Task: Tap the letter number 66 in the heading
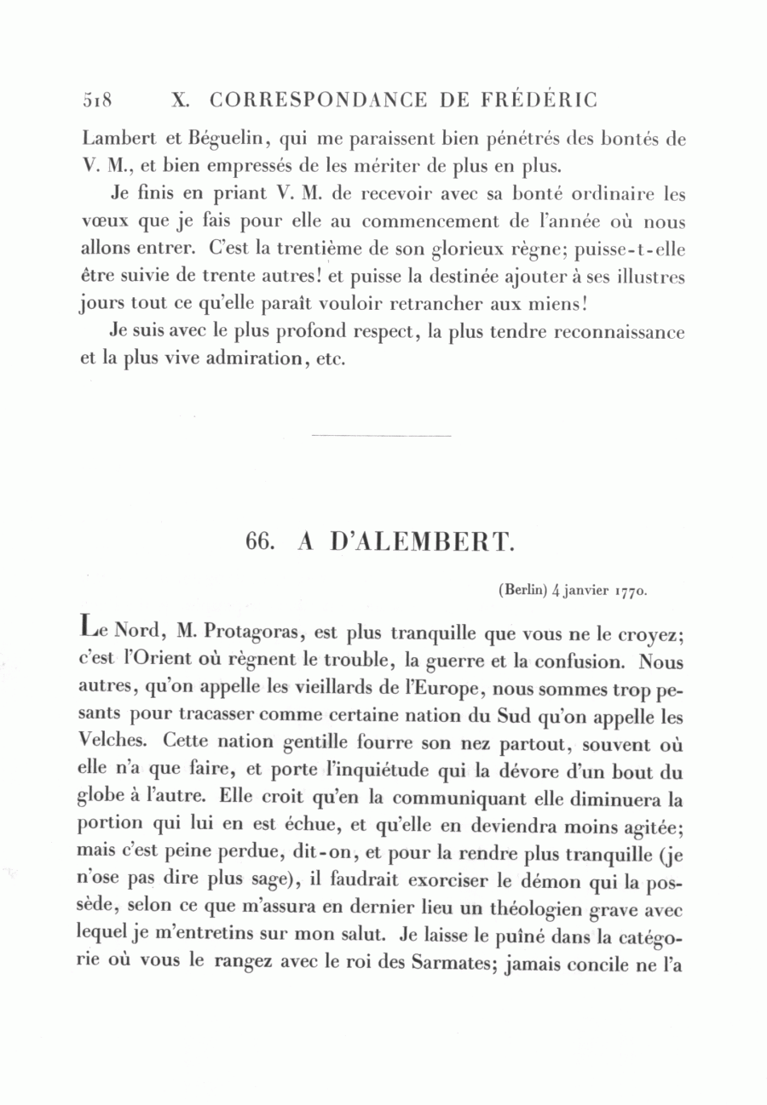click(258, 543)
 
